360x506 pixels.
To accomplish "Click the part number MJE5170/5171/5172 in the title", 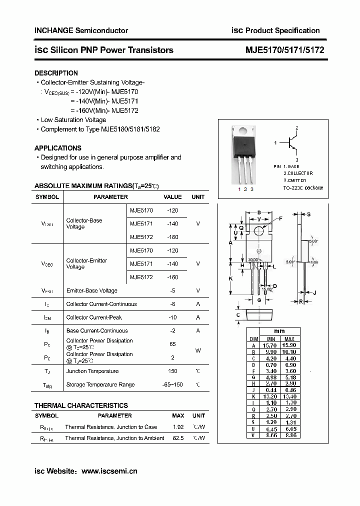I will coord(285,50).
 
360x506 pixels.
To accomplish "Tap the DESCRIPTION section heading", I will coord(56,73).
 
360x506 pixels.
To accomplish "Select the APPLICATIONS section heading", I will coord(57,148).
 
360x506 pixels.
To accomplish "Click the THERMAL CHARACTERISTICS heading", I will coord(81,405).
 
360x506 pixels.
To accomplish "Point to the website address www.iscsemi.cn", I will coord(109,471).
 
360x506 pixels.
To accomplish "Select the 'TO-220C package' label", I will coord(303,188).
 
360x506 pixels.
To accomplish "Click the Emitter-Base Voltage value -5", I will coord(172,290).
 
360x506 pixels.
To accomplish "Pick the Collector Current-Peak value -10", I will coord(172,317).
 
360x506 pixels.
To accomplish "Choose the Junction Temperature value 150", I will coord(172,371).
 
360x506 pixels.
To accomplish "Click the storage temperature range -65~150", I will coord(172,384).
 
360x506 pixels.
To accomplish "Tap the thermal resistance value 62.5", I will coord(177,438).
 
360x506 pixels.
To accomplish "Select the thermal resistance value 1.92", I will coord(178,427).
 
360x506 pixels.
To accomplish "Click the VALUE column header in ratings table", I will coord(172,197).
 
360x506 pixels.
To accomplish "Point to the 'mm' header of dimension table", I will coord(279,331).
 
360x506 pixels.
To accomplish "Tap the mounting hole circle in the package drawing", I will coord(259,230).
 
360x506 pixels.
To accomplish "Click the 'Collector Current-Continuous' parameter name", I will coord(101,304).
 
